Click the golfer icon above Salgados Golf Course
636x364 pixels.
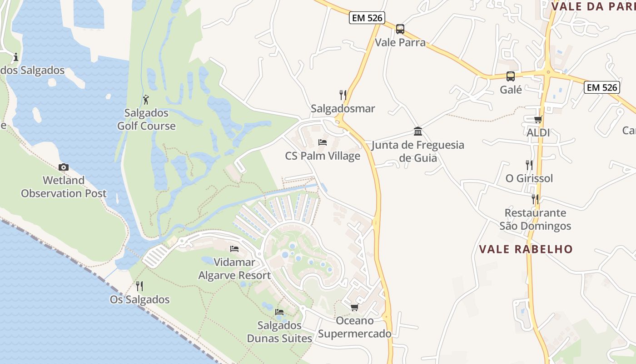coord(146,99)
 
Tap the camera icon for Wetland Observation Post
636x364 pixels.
coord(64,167)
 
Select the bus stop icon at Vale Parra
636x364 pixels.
coord(400,29)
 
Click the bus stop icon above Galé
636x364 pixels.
coord(511,76)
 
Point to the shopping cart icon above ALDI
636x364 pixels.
coord(538,120)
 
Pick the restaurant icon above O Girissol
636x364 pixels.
coord(529,165)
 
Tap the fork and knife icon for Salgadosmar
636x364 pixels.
coord(343,95)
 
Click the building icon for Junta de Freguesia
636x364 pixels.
coord(418,132)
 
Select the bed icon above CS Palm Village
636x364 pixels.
coord(323,142)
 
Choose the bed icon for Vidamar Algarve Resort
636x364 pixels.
coord(234,248)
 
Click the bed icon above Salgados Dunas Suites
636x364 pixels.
coord(279,312)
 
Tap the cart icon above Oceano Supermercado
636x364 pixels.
coord(354,308)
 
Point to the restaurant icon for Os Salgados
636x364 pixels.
coord(139,286)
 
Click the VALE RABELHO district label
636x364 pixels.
coord(526,249)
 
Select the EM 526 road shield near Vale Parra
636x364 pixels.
coord(367,18)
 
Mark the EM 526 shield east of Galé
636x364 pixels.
coord(602,87)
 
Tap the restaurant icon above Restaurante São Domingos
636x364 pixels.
coord(535,199)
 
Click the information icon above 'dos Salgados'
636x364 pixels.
coord(16,57)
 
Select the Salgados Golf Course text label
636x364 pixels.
coord(146,119)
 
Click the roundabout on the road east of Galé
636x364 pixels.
coord(548,71)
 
